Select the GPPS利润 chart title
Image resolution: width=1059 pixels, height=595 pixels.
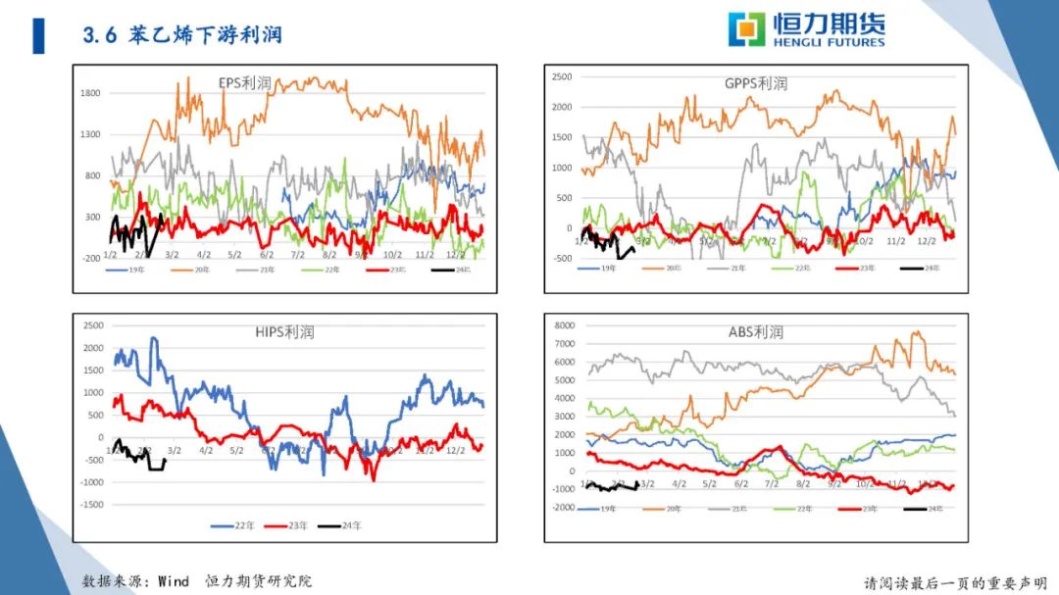tap(755, 83)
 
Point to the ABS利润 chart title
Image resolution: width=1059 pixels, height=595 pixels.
tap(755, 332)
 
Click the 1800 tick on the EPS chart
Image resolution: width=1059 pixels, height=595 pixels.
tap(90, 93)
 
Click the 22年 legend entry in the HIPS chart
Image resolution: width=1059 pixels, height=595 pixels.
tap(236, 526)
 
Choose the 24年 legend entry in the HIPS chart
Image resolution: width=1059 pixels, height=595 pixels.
tap(344, 526)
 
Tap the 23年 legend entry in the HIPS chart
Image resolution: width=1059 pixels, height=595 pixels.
tap(290, 526)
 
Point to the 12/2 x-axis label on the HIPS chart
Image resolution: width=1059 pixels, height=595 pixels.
tap(455, 451)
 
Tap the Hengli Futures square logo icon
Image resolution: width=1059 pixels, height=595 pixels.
tap(746, 29)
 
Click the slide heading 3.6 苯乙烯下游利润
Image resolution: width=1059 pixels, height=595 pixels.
tap(182, 35)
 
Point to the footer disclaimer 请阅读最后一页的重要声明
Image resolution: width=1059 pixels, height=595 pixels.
tap(955, 582)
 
